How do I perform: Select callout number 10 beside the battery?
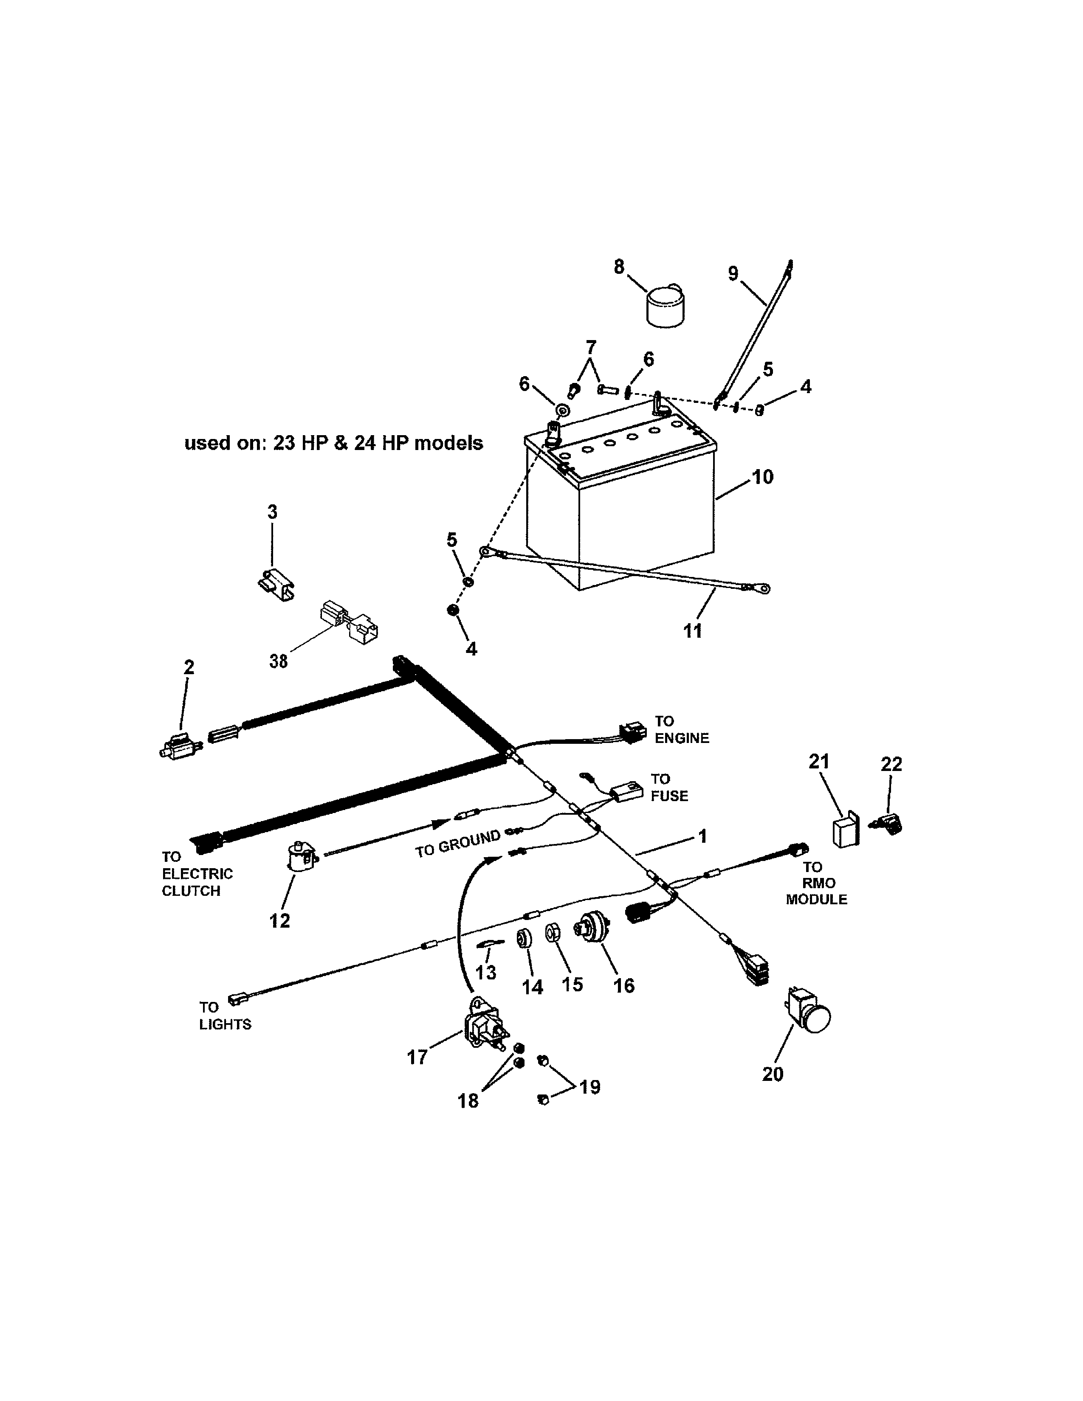click(x=762, y=477)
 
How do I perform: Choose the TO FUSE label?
click(x=669, y=787)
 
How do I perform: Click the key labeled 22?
click(x=887, y=824)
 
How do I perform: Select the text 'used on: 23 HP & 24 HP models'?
click(x=334, y=443)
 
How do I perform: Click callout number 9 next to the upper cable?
click(x=733, y=273)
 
